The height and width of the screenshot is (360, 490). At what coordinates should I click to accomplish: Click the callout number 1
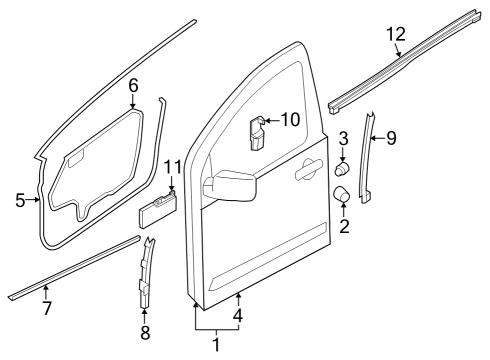tap(215, 345)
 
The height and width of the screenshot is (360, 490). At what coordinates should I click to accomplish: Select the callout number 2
tap(344, 226)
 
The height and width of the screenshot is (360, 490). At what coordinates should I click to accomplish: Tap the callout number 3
tap(343, 138)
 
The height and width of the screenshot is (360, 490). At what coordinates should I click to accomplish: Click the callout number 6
tap(133, 87)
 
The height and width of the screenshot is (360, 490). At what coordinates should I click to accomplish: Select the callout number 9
tap(390, 138)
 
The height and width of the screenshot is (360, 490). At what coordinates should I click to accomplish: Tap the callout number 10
tap(290, 120)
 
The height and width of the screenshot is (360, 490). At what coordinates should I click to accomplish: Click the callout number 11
tap(172, 166)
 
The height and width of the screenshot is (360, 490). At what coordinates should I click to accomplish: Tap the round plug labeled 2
tap(341, 194)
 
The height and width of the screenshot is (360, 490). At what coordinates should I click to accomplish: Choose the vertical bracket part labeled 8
tap(147, 275)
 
